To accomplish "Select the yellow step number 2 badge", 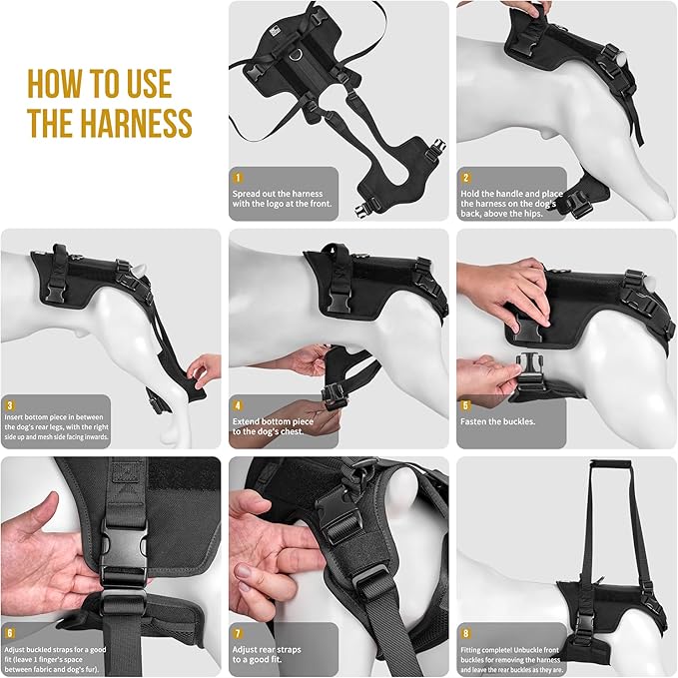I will [x=466, y=179].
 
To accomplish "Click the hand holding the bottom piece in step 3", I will [x=206, y=369].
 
